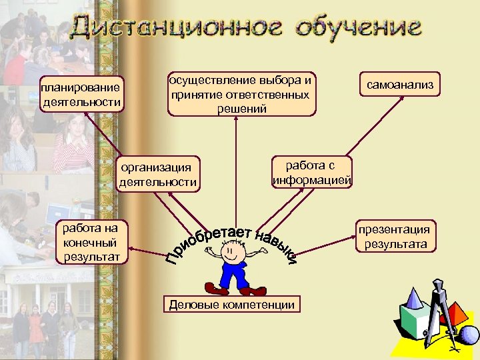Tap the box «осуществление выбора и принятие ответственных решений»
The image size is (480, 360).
click(x=241, y=94)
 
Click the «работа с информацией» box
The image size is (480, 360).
click(x=311, y=172)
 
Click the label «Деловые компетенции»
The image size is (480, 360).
click(x=232, y=305)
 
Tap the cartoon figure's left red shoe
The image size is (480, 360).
click(x=215, y=289)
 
